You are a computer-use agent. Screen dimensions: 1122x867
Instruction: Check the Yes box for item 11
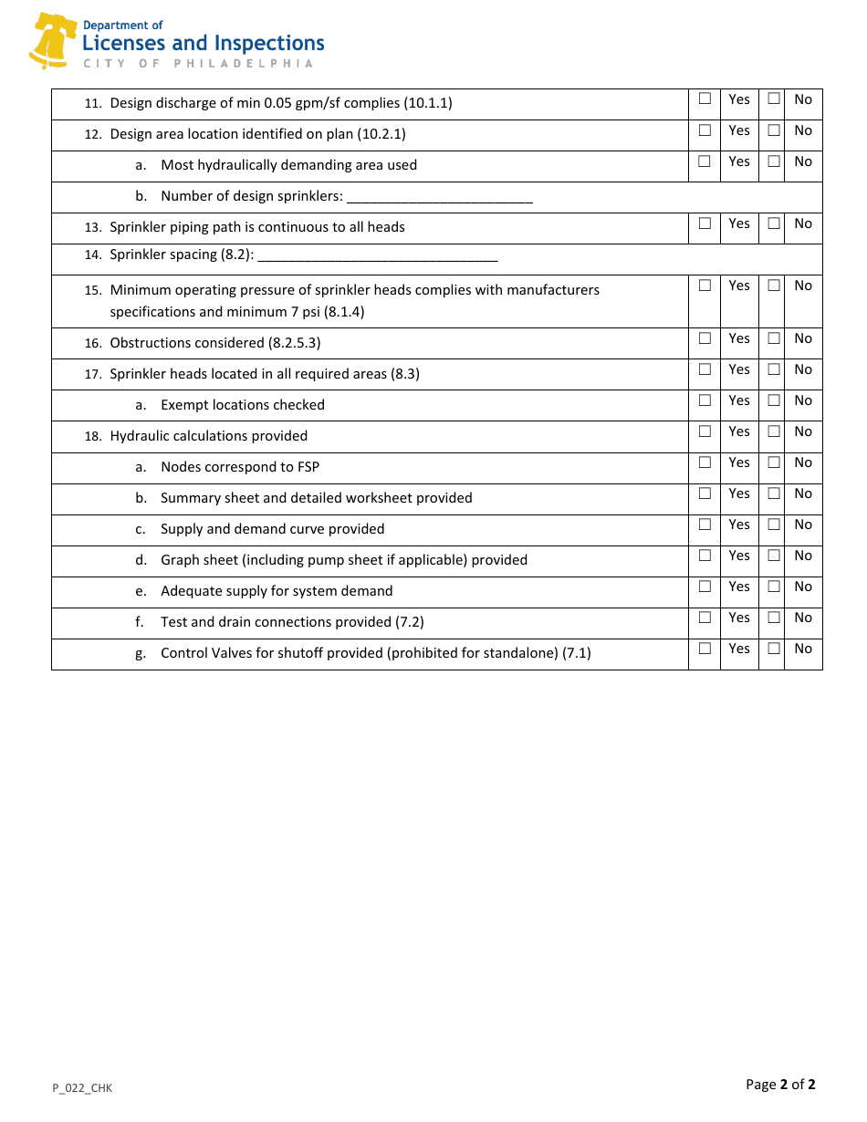point(705,99)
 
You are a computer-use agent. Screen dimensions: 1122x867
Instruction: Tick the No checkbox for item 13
point(773,223)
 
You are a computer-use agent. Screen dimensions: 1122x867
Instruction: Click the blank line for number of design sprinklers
point(440,198)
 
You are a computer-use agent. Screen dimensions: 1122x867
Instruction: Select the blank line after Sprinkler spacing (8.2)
point(378,256)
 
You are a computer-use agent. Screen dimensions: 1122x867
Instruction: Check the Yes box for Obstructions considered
point(705,338)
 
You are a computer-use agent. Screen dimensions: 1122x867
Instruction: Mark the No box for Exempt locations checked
point(773,400)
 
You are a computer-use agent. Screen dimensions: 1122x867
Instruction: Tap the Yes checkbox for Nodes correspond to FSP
point(705,462)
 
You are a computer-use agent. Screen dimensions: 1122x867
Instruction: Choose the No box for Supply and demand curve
point(773,524)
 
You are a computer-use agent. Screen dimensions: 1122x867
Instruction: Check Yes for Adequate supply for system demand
point(705,586)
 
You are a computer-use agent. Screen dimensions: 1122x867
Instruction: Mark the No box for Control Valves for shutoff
point(773,648)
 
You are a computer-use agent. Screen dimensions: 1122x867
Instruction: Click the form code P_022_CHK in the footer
point(82,1087)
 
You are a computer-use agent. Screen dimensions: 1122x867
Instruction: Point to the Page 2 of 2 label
point(780,1085)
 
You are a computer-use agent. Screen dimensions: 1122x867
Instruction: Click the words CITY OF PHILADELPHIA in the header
point(198,64)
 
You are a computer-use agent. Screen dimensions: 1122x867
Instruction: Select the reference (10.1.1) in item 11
point(428,103)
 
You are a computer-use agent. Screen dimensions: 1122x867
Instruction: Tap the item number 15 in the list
point(92,291)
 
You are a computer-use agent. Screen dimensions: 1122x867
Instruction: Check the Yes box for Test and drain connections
point(705,617)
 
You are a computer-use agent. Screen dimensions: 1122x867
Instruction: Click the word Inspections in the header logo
point(268,43)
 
